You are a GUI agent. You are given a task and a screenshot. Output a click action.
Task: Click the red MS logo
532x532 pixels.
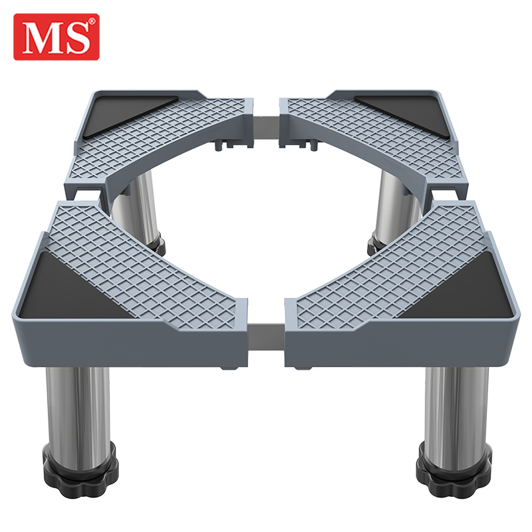[x=57, y=37]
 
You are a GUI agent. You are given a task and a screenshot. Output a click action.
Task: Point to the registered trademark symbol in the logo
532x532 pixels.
[x=92, y=21]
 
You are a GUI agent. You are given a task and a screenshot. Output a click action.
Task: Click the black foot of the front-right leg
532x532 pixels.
[x=455, y=471]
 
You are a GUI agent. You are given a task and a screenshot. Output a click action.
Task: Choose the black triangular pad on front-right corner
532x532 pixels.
[x=465, y=292]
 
